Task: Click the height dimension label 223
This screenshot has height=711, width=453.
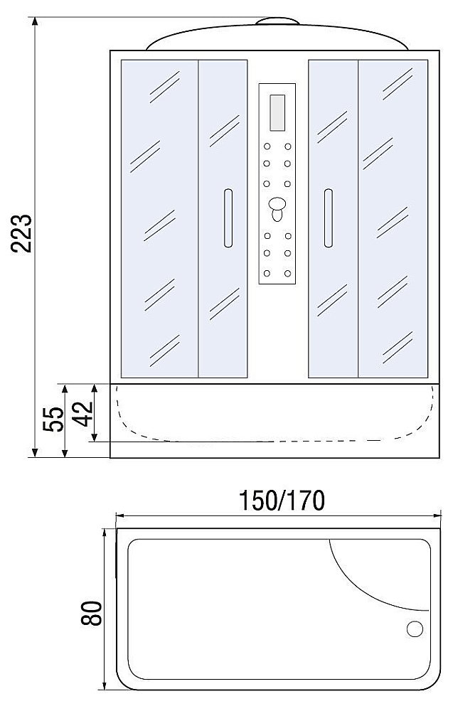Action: pyautogui.click(x=22, y=233)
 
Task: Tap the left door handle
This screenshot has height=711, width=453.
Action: pyautogui.click(x=228, y=218)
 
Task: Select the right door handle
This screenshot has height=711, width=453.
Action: pyautogui.click(x=328, y=218)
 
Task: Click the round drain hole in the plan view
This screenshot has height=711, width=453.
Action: pyautogui.click(x=414, y=629)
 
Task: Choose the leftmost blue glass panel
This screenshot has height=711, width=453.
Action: pyautogui.click(x=159, y=218)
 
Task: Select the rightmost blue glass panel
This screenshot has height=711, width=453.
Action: pyautogui.click(x=393, y=218)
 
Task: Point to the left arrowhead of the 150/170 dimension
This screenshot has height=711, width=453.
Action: pyautogui.click(x=119, y=516)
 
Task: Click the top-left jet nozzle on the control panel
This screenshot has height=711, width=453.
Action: pyautogui.click(x=267, y=148)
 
